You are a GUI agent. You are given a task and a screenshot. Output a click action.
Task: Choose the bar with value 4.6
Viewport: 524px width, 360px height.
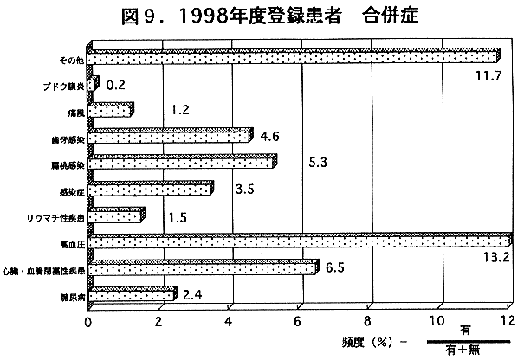click(x=170, y=136)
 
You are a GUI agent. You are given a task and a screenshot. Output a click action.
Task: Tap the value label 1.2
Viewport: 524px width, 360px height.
click(x=180, y=110)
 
